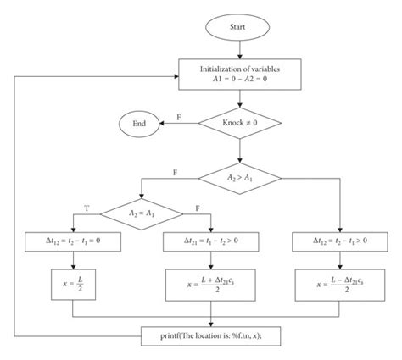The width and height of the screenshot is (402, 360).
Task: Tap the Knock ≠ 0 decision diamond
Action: click(240, 123)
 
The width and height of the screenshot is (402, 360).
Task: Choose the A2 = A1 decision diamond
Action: click(141, 209)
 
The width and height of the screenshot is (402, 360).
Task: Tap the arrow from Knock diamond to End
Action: click(180, 123)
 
